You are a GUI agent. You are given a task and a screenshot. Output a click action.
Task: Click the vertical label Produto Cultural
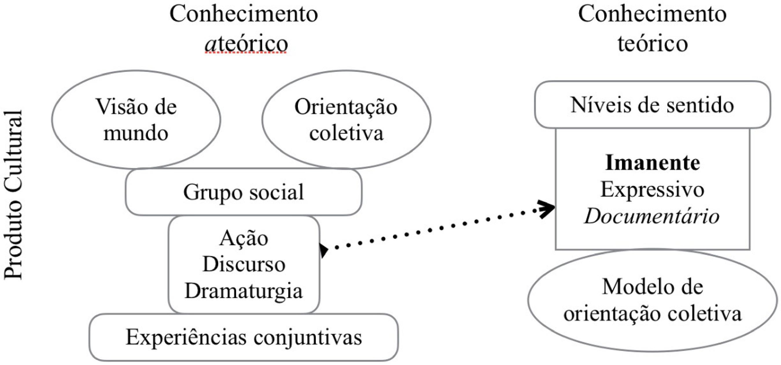point(14,194)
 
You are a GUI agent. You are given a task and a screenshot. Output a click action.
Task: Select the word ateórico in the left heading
point(246,44)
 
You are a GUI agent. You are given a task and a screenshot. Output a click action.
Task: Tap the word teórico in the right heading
point(653,44)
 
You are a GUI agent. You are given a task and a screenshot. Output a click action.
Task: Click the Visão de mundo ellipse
point(136,120)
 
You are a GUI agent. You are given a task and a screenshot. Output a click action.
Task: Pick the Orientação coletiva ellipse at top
point(346,120)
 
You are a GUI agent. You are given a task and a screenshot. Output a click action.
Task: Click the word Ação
point(244,238)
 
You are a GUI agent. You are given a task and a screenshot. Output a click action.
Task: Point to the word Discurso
point(244,264)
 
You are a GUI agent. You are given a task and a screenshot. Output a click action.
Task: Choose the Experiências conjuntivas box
point(244,338)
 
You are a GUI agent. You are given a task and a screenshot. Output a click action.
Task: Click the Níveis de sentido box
point(652,105)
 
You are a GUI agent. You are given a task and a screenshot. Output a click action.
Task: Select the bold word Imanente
point(653,163)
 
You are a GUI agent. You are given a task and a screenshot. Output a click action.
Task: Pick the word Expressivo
point(653,190)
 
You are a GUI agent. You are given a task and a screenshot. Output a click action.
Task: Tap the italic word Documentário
point(652,217)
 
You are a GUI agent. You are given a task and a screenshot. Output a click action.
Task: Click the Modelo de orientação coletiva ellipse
point(653,300)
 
